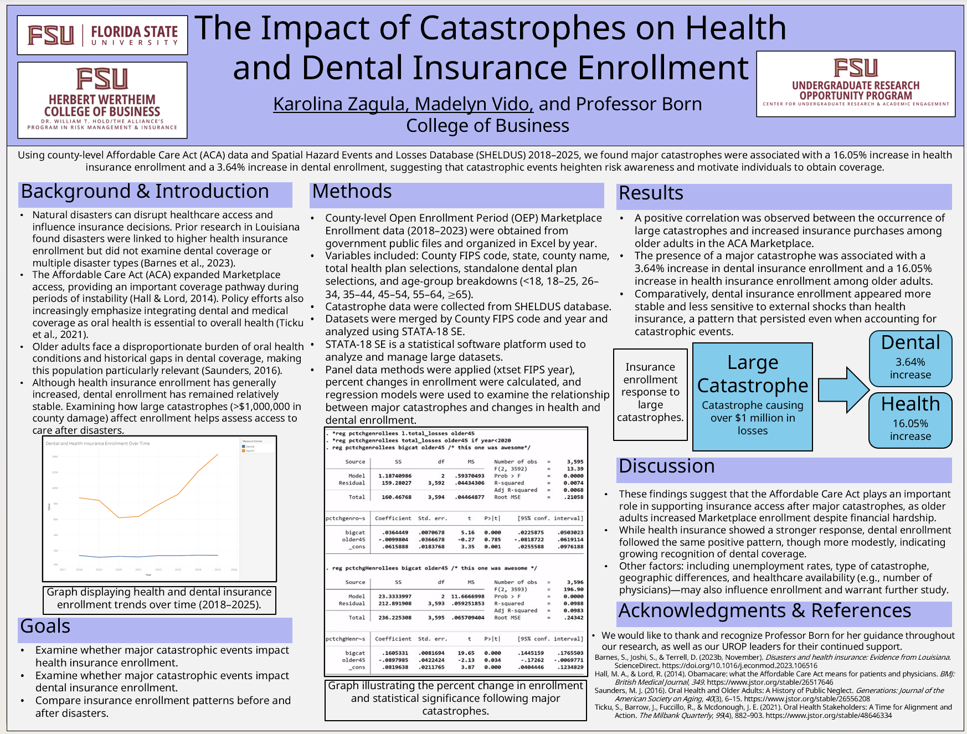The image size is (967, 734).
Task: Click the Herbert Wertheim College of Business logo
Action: [x=102, y=100]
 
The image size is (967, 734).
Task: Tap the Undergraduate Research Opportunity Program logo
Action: [x=856, y=84]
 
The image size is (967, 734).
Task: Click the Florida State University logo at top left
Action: [x=102, y=35]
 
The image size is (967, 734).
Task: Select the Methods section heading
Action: [x=352, y=192]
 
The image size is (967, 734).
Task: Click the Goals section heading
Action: [x=45, y=627]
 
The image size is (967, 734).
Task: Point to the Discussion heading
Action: [x=666, y=466]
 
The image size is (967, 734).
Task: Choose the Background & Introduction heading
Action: [x=145, y=192]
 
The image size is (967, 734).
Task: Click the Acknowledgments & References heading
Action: [x=764, y=611]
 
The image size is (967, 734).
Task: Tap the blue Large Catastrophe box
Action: [x=752, y=397]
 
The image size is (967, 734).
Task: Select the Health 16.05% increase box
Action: [x=910, y=420]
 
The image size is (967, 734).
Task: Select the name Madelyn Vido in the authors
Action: [x=474, y=104]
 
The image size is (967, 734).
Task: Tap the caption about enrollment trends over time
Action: [x=159, y=599]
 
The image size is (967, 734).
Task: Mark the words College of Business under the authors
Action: [x=487, y=126]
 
